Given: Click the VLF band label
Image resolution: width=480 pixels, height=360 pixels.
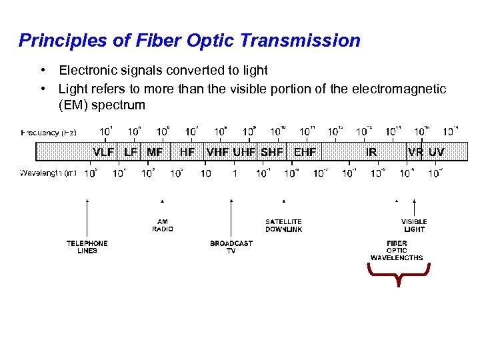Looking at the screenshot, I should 103,152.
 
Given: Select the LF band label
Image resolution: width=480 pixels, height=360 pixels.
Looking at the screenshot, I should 131,152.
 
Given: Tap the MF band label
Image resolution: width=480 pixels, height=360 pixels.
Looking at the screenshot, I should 155,152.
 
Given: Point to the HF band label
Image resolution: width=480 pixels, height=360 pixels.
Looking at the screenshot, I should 187,152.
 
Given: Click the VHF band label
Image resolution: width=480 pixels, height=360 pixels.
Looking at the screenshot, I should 218,152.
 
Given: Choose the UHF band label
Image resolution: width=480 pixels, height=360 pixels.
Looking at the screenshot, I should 245,152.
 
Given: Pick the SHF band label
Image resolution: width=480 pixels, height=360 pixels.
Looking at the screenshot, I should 272,152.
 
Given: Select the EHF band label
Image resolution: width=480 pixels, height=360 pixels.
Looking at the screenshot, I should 305,152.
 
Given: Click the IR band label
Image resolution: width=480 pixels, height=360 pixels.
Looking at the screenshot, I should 371,152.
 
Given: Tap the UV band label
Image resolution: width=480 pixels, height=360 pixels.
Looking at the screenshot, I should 437,152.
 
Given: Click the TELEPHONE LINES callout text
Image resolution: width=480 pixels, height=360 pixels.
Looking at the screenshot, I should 87,247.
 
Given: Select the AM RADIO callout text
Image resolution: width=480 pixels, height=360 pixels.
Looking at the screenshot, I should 163,225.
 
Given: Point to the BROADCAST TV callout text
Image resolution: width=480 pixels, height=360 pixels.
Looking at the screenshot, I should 231,247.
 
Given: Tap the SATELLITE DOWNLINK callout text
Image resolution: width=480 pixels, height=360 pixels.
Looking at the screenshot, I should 283,225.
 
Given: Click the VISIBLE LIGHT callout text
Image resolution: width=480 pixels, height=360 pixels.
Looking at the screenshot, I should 414,225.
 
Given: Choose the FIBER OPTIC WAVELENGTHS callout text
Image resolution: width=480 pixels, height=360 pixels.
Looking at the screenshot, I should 397,251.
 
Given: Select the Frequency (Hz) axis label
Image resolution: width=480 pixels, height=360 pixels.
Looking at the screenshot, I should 49,133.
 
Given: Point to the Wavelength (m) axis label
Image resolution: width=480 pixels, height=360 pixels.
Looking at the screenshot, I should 48,173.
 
